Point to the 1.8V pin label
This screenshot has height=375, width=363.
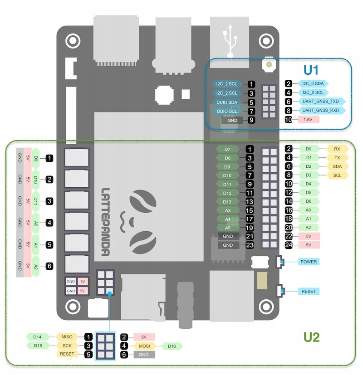point(308,120)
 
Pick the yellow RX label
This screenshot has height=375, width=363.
point(337,149)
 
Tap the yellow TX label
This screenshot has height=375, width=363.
point(337,157)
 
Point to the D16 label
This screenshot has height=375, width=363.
point(172,346)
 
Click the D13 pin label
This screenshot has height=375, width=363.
point(228,201)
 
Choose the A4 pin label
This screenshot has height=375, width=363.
point(228,219)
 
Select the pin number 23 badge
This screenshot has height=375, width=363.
point(250,245)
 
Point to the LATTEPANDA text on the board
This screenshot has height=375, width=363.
point(105,222)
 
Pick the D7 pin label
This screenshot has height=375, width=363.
point(228,149)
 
